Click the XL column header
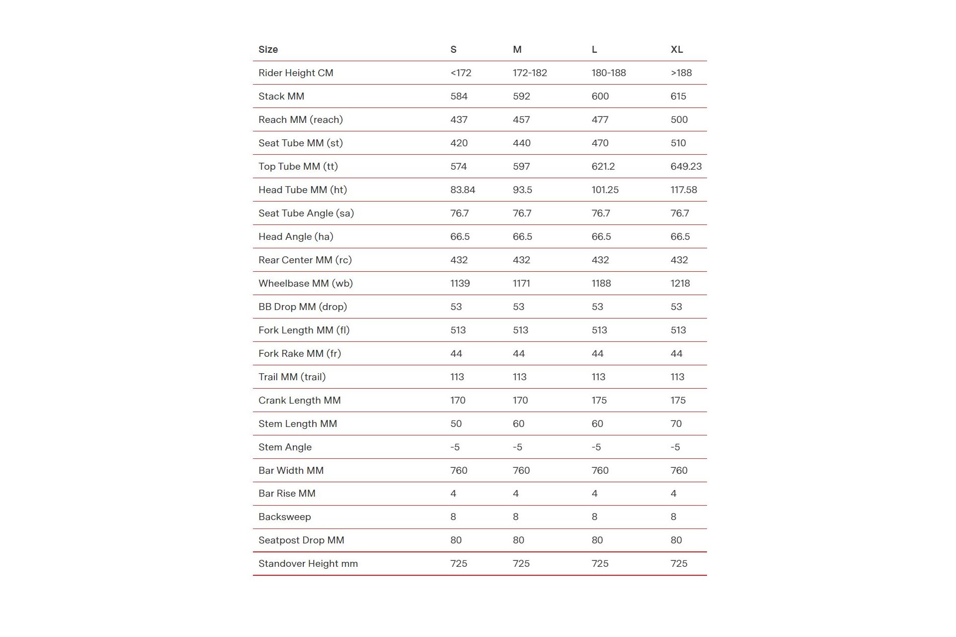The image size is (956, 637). pyautogui.click(x=677, y=49)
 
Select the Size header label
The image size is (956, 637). pyautogui.click(x=268, y=49)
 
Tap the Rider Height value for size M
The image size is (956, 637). pyautogui.click(x=530, y=73)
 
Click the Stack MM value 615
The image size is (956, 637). pyautogui.click(x=678, y=96)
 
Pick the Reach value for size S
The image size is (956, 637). pyautogui.click(x=459, y=119)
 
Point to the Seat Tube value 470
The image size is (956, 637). pyautogui.click(x=600, y=143)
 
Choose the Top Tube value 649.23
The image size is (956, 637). pyautogui.click(x=686, y=166)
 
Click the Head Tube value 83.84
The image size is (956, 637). pyautogui.click(x=463, y=190)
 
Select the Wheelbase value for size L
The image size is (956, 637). pyautogui.click(x=601, y=283)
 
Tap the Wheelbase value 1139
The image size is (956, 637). pyautogui.click(x=460, y=283)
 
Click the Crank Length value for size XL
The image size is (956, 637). pyautogui.click(x=678, y=400)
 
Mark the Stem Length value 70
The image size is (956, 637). pyautogui.click(x=676, y=424)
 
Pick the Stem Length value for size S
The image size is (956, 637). pyautogui.click(x=456, y=424)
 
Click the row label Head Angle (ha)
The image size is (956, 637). pyautogui.click(x=296, y=236)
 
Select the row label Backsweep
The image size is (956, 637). pyautogui.click(x=284, y=517)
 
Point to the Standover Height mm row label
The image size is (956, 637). pyautogui.click(x=308, y=563)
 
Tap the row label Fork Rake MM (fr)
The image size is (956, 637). pyautogui.click(x=299, y=353)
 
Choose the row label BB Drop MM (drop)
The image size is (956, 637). pyautogui.click(x=302, y=307)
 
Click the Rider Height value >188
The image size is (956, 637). pyautogui.click(x=681, y=73)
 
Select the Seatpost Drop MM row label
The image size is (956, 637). pyautogui.click(x=301, y=540)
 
